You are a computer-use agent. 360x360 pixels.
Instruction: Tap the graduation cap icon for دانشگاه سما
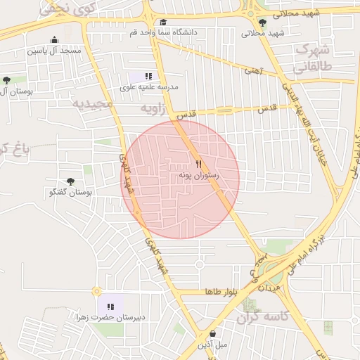[x=163, y=22]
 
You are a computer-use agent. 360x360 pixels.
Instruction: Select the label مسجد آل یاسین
[x=54, y=51]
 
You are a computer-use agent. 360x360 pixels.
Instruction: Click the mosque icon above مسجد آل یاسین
[x=54, y=39]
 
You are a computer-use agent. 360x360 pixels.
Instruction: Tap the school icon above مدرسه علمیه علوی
[x=148, y=76]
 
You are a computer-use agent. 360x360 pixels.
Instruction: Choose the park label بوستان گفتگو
[x=72, y=192]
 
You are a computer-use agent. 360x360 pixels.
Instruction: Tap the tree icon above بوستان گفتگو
[x=70, y=181]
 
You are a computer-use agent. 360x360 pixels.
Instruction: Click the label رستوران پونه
[x=198, y=175]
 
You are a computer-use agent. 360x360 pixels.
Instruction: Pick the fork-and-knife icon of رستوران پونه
[x=198, y=164]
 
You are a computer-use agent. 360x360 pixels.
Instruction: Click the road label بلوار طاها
[x=219, y=291]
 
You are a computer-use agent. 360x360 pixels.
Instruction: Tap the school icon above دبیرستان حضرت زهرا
[x=110, y=307]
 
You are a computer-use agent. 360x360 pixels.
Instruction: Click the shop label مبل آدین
[x=212, y=345]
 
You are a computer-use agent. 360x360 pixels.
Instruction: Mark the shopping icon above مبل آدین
[x=212, y=333]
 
